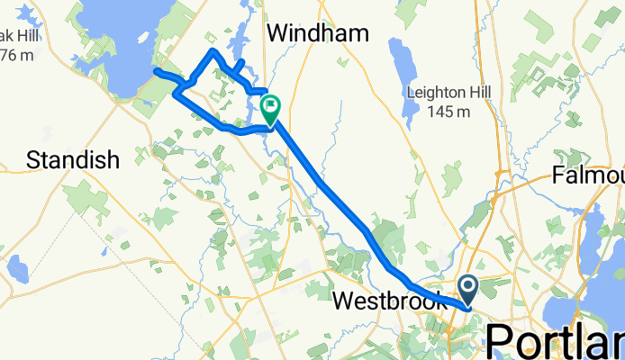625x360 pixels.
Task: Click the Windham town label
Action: point(318,34)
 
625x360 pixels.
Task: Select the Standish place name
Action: point(73,161)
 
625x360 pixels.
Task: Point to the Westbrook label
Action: point(390,301)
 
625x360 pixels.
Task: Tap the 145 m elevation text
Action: point(453,112)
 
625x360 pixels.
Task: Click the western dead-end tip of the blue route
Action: point(157,70)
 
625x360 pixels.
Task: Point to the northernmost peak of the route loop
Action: point(213,51)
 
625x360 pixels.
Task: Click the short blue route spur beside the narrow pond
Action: point(240,64)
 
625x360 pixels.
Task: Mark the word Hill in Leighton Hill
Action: point(478,93)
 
